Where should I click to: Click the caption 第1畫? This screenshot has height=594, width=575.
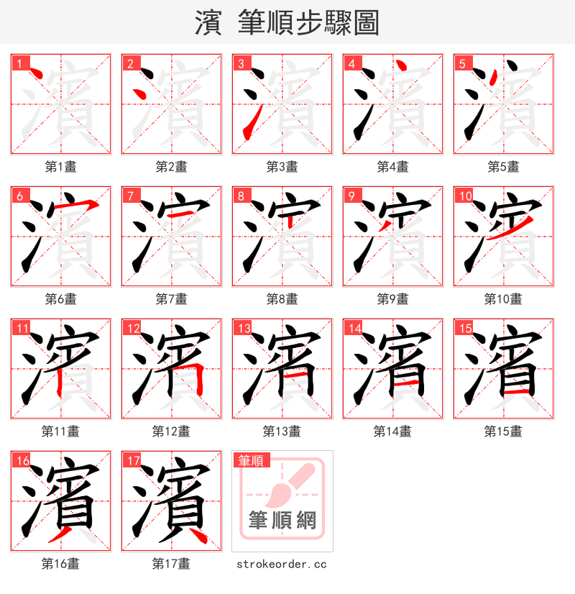point(61,167)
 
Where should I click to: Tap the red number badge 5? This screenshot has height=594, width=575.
point(462,63)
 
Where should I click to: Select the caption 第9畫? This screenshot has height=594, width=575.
point(392,299)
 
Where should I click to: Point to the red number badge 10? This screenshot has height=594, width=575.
point(465,196)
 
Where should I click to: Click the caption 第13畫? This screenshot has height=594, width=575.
point(282,431)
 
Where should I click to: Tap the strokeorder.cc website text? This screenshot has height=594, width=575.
point(282,564)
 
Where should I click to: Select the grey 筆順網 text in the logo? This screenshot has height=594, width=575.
point(282,520)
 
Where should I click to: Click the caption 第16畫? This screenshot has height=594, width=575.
point(61,564)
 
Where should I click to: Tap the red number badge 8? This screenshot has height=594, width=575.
point(241,196)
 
